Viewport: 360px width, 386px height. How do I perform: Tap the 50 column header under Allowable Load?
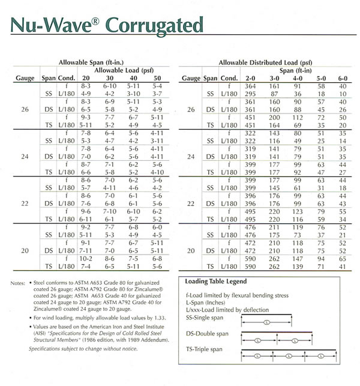point(157,79)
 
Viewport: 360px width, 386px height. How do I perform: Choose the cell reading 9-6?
point(86,212)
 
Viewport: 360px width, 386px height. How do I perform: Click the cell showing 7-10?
point(110,212)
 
